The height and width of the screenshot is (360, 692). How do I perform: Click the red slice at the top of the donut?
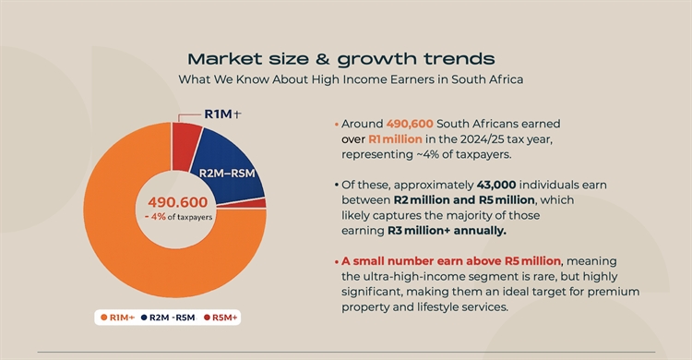[x=186, y=146]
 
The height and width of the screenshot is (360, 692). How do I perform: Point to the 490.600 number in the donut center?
[x=177, y=202]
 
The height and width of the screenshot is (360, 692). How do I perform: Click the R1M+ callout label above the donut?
[x=222, y=114]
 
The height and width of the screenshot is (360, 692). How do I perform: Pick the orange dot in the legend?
[x=103, y=318]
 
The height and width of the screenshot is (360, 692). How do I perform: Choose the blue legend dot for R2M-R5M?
[x=144, y=318]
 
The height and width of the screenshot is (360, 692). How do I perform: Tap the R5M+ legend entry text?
[x=224, y=318]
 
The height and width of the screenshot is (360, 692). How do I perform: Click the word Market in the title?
[x=225, y=59]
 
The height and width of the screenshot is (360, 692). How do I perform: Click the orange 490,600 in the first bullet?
[x=410, y=124]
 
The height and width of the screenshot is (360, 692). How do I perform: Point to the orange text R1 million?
[x=395, y=139]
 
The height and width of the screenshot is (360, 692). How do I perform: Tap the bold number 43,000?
[x=496, y=185]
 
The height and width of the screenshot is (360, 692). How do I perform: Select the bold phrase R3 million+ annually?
[x=447, y=231]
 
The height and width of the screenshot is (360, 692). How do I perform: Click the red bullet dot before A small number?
[x=337, y=261]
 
